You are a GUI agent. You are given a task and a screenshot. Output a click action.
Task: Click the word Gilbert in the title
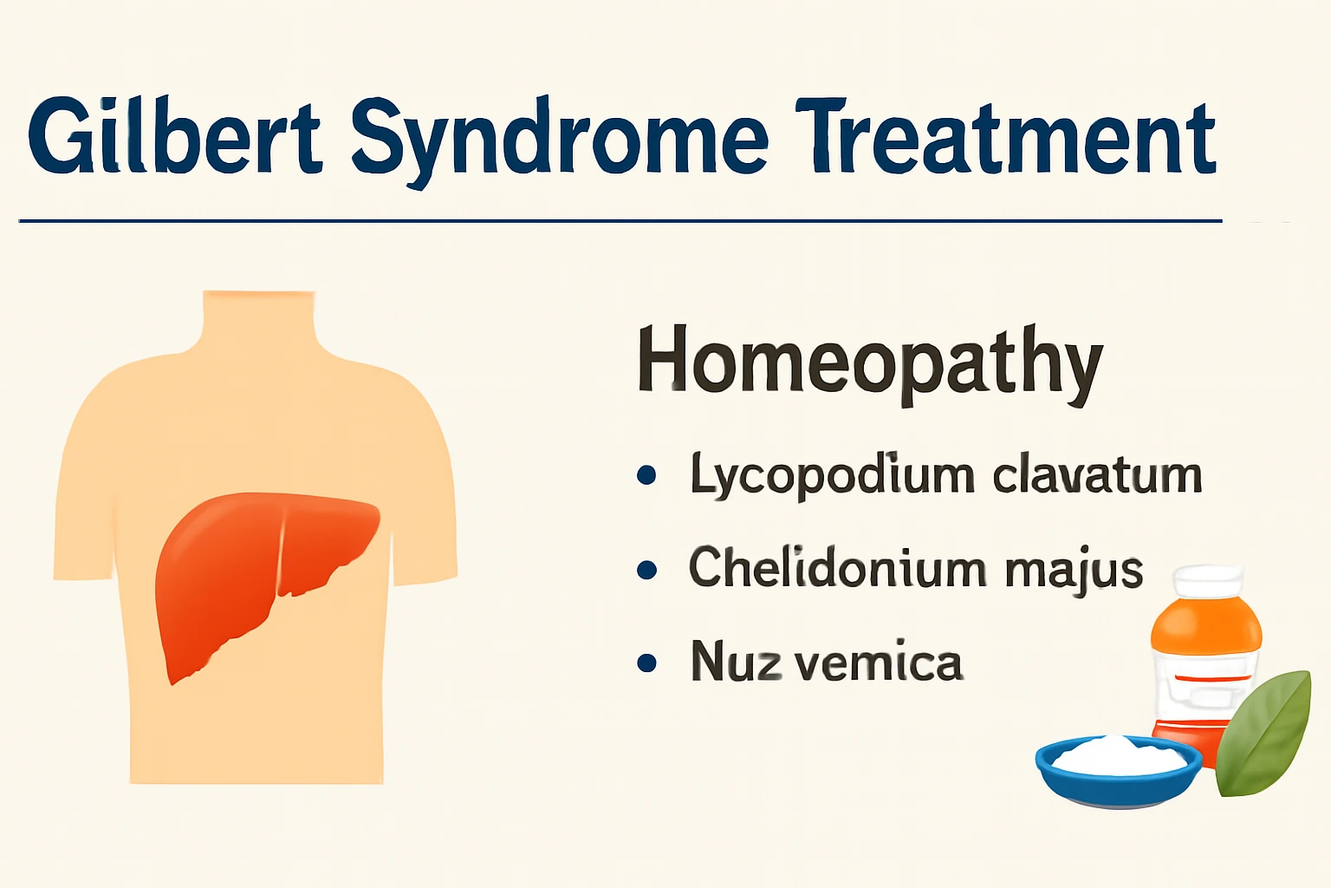coord(174,138)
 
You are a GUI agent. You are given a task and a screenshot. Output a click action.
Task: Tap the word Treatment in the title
coord(1005,138)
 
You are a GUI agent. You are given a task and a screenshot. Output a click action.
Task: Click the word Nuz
coord(736,661)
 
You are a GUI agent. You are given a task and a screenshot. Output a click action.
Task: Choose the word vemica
coord(879,663)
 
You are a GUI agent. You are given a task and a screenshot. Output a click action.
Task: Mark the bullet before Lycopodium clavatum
coord(646,475)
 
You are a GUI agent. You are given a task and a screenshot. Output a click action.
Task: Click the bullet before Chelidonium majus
coord(646,569)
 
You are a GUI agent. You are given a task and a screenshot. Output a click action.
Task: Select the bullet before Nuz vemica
coord(646,663)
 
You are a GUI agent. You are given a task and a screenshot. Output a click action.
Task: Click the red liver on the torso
coord(250,571)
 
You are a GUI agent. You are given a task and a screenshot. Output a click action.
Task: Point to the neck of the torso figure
coord(258,321)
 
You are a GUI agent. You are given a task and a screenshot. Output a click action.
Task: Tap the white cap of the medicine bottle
coord(1209,582)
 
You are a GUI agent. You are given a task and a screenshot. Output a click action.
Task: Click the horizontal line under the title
coord(620,220)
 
